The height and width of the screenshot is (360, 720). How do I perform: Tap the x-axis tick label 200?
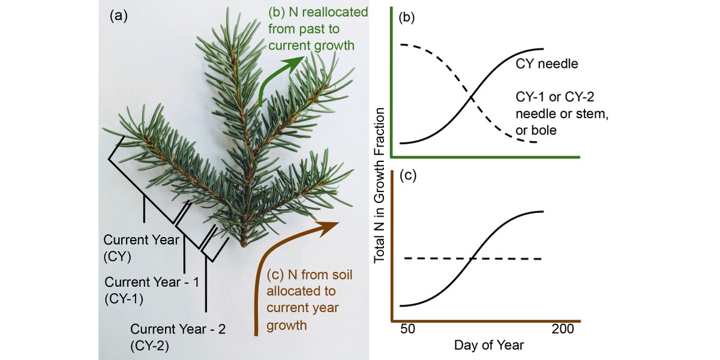point(563,329)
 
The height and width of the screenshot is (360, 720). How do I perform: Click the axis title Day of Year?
point(488,346)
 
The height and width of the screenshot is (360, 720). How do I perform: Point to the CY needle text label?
point(547,63)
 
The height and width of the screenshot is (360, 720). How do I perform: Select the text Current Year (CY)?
point(141,247)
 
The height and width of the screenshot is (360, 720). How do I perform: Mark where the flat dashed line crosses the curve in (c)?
point(472,258)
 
